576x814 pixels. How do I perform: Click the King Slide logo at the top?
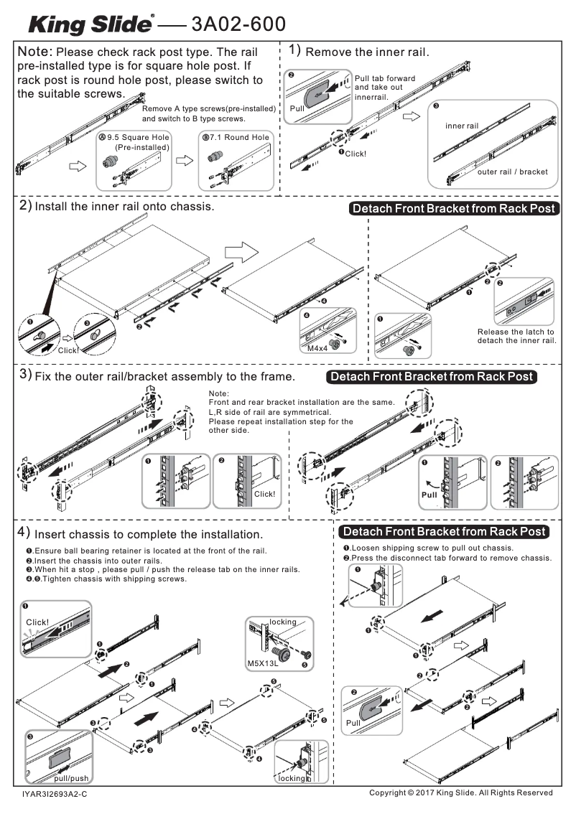[x=89, y=25]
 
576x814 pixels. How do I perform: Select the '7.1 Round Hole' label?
[x=236, y=138]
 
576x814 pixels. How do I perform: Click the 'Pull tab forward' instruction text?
[x=385, y=78]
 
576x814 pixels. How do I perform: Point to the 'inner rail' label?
[x=461, y=126]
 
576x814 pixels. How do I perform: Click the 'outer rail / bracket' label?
[x=512, y=172]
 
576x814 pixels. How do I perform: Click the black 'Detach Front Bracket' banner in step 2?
[x=453, y=209]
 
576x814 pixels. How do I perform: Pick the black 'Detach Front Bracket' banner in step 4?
[x=443, y=532]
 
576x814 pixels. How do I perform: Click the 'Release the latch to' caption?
[x=516, y=332]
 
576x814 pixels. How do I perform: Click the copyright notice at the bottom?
[x=460, y=792]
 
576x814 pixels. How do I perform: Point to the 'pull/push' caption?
[x=71, y=778]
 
